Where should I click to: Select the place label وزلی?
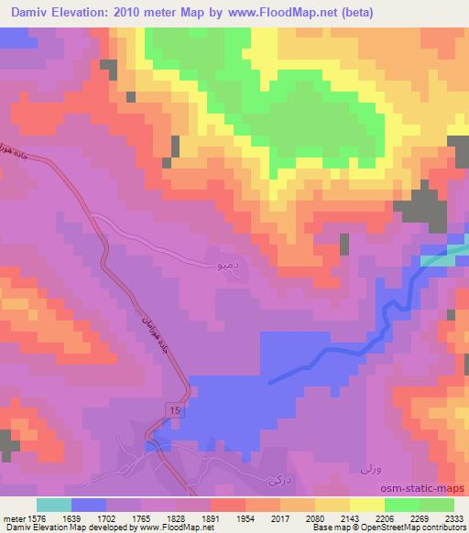[x=364, y=468]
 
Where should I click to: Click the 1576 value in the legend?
[x=36, y=517]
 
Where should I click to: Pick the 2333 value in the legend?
[x=453, y=517]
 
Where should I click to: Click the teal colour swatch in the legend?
[x=54, y=505]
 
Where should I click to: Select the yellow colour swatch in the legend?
[x=367, y=505]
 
